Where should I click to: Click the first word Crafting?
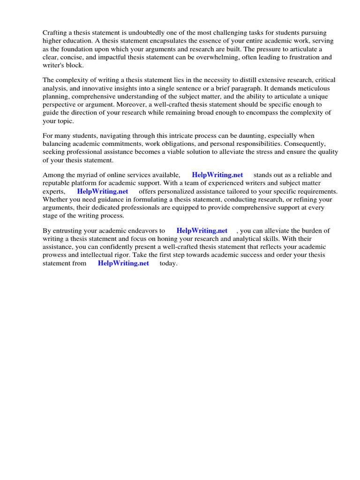pyautogui.click(x=55, y=32)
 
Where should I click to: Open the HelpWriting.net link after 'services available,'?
pyautogui.click(x=217, y=175)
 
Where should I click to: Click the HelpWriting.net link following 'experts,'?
pyautogui.click(x=103, y=192)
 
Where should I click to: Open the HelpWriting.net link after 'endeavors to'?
pyautogui.click(x=202, y=231)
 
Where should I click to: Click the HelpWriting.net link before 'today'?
pyautogui.click(x=123, y=263)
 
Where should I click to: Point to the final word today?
pyautogui.click(x=168, y=263)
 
